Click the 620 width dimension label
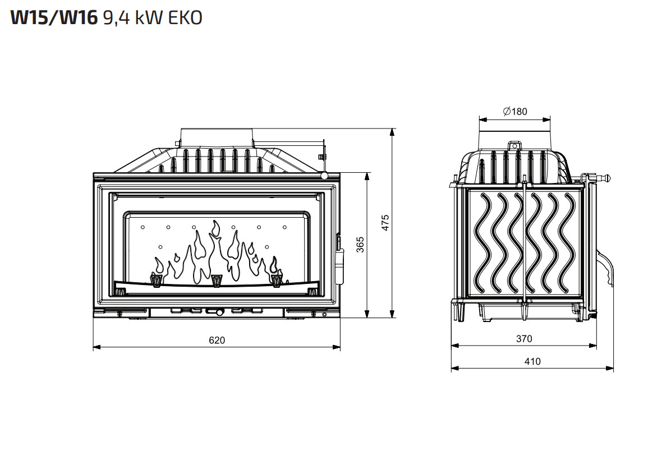click(217, 341)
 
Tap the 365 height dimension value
click(360, 245)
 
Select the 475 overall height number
click(385, 223)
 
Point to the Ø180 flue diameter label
click(515, 111)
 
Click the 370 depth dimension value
click(524, 339)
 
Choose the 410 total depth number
click(532, 361)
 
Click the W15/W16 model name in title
click(54, 18)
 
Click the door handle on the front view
click(341, 265)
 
